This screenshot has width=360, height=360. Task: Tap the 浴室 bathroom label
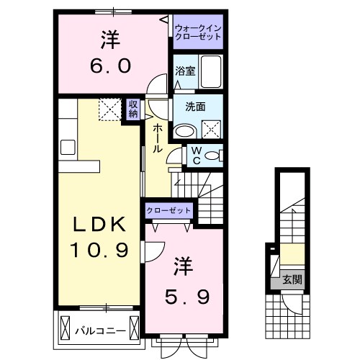click(185, 71)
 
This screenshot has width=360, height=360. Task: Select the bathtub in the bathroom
click(212, 71)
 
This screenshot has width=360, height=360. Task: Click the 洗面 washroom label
click(195, 107)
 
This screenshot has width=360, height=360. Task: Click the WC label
click(195, 156)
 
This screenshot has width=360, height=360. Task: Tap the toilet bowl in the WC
click(215, 154)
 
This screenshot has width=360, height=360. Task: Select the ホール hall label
click(157, 137)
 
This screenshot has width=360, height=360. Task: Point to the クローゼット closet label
click(169, 210)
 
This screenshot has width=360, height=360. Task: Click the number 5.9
click(181, 294)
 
